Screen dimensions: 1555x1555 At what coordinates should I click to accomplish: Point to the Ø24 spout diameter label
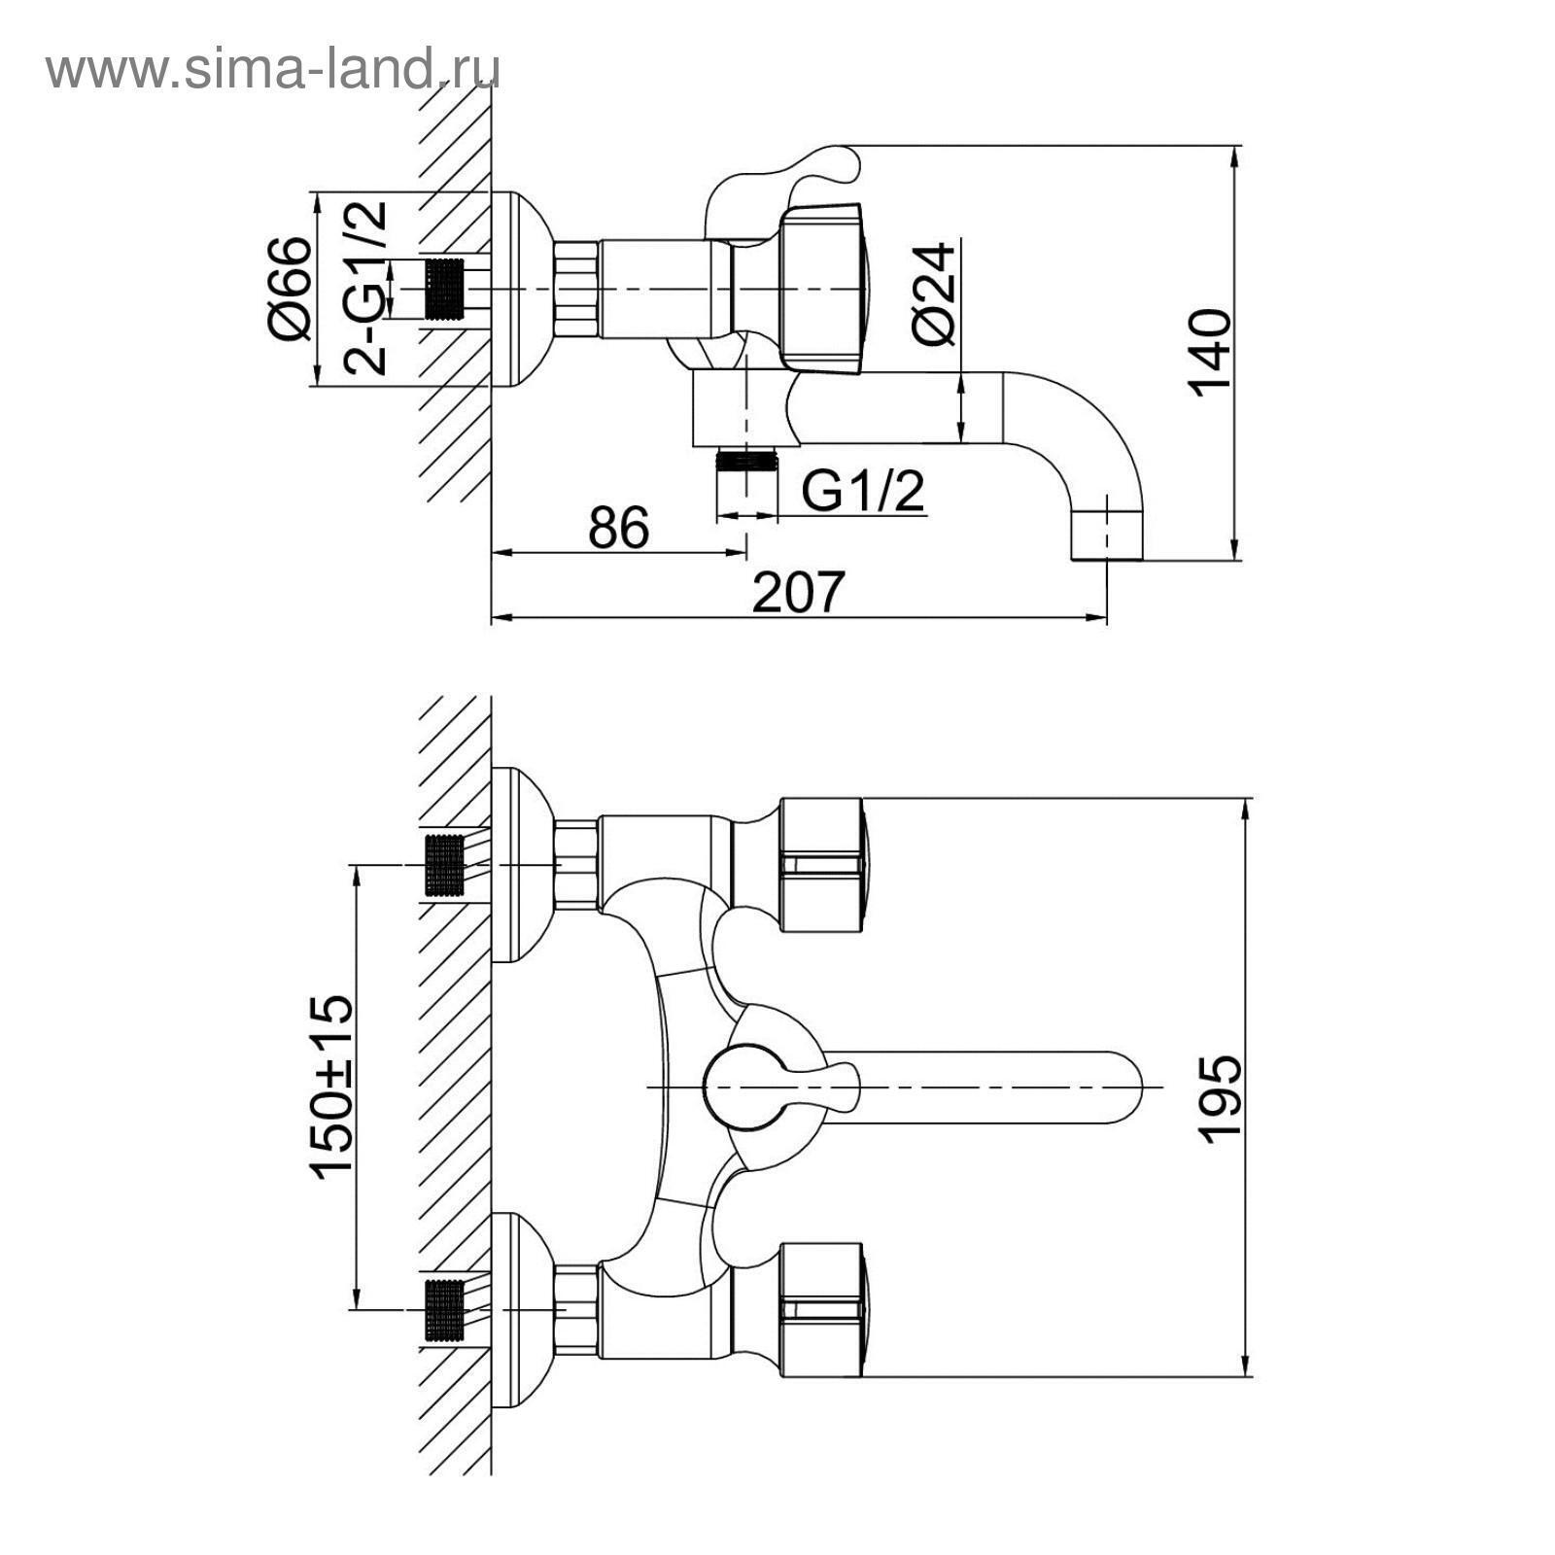coord(935,294)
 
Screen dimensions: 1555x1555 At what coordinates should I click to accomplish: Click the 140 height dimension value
coord(1210,352)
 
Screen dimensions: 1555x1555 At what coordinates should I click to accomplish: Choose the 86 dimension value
coord(618,528)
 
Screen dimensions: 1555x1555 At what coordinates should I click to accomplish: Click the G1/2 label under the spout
coord(863,492)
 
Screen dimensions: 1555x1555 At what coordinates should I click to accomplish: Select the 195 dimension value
coord(1221,1098)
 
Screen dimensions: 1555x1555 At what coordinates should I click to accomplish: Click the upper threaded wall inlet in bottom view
coord(445,865)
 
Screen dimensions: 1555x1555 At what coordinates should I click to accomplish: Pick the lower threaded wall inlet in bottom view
coord(445,1309)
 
